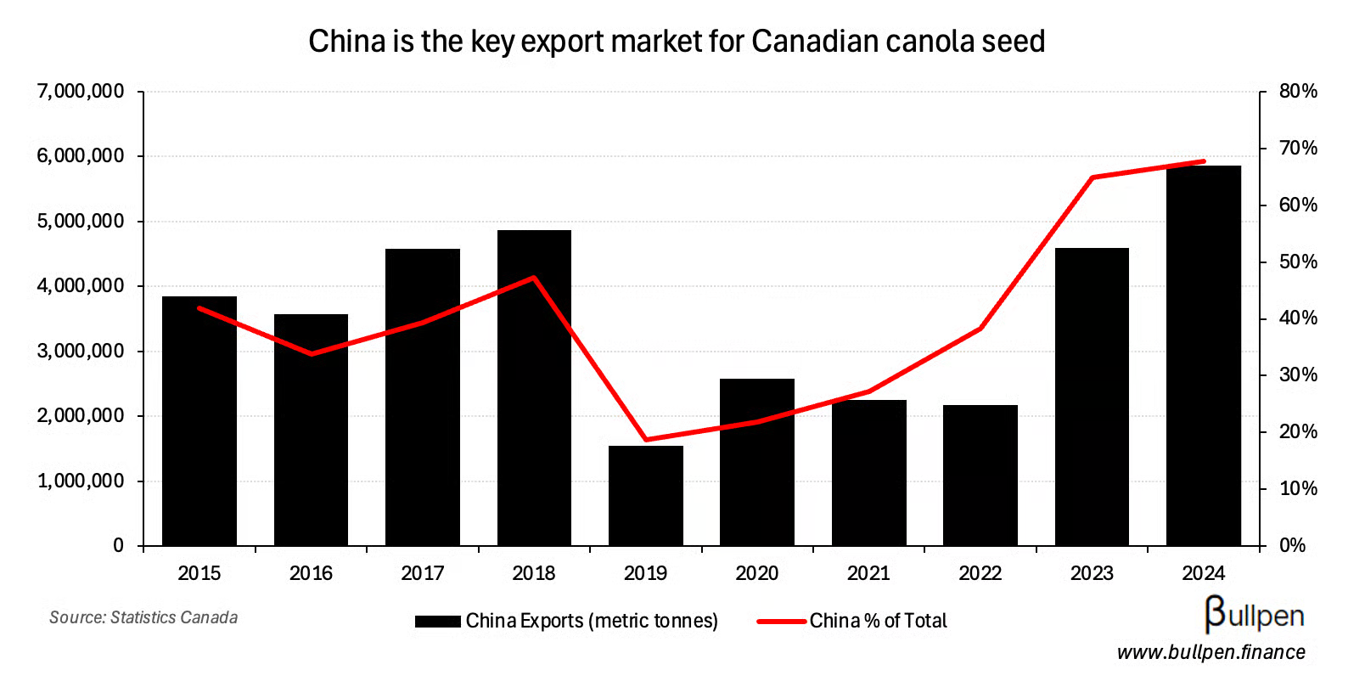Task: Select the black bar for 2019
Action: [x=645, y=496]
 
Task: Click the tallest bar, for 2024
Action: [x=1203, y=357]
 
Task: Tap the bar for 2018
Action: [x=534, y=388]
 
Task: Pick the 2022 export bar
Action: [x=980, y=476]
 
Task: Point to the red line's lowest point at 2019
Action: [x=646, y=440]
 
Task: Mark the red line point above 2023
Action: [x=1092, y=177]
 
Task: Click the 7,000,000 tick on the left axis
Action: [x=81, y=91]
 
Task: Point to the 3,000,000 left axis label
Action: [x=81, y=351]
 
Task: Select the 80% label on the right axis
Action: [x=1298, y=91]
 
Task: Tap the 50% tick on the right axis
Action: [x=1298, y=262]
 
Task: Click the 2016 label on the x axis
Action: [x=311, y=573]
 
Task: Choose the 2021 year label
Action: [x=868, y=573]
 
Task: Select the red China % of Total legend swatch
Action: [x=781, y=622]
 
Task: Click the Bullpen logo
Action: [x=1254, y=615]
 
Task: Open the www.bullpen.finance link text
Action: [x=1211, y=652]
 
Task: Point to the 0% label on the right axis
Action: [x=1292, y=546]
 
